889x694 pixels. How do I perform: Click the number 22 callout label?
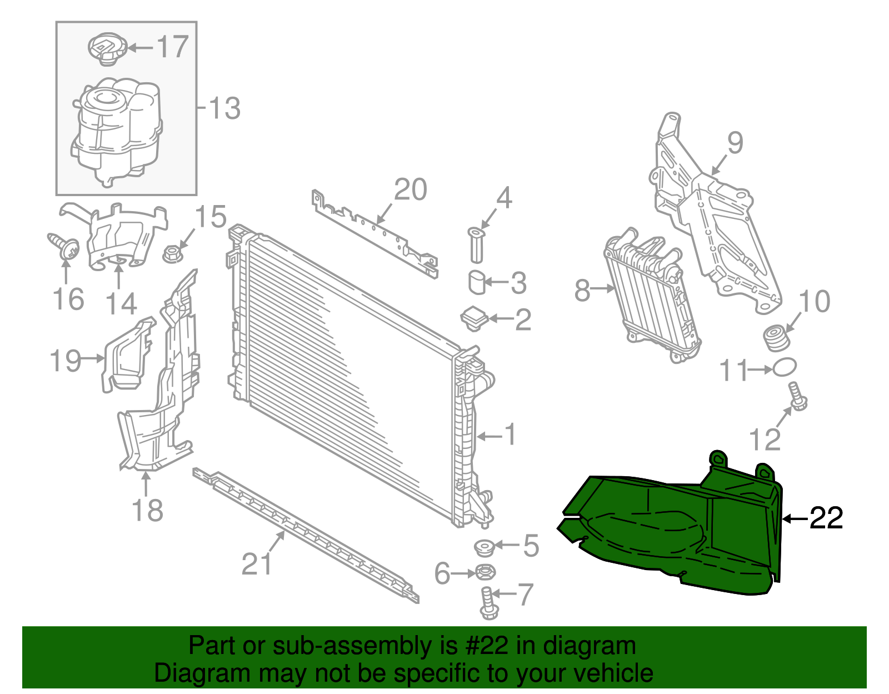coord(826,518)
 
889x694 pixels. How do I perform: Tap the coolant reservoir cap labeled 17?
coord(107,48)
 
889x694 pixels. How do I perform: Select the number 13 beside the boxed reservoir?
coord(224,108)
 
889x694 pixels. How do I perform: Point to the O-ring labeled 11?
coord(784,367)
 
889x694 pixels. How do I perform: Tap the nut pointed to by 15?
coord(172,255)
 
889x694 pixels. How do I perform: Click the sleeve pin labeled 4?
coord(476,244)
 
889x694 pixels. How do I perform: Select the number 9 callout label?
coord(735,143)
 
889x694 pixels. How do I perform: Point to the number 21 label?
coord(257,564)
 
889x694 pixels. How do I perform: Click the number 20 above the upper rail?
coord(411,189)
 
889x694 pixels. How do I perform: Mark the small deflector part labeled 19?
coord(127,356)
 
